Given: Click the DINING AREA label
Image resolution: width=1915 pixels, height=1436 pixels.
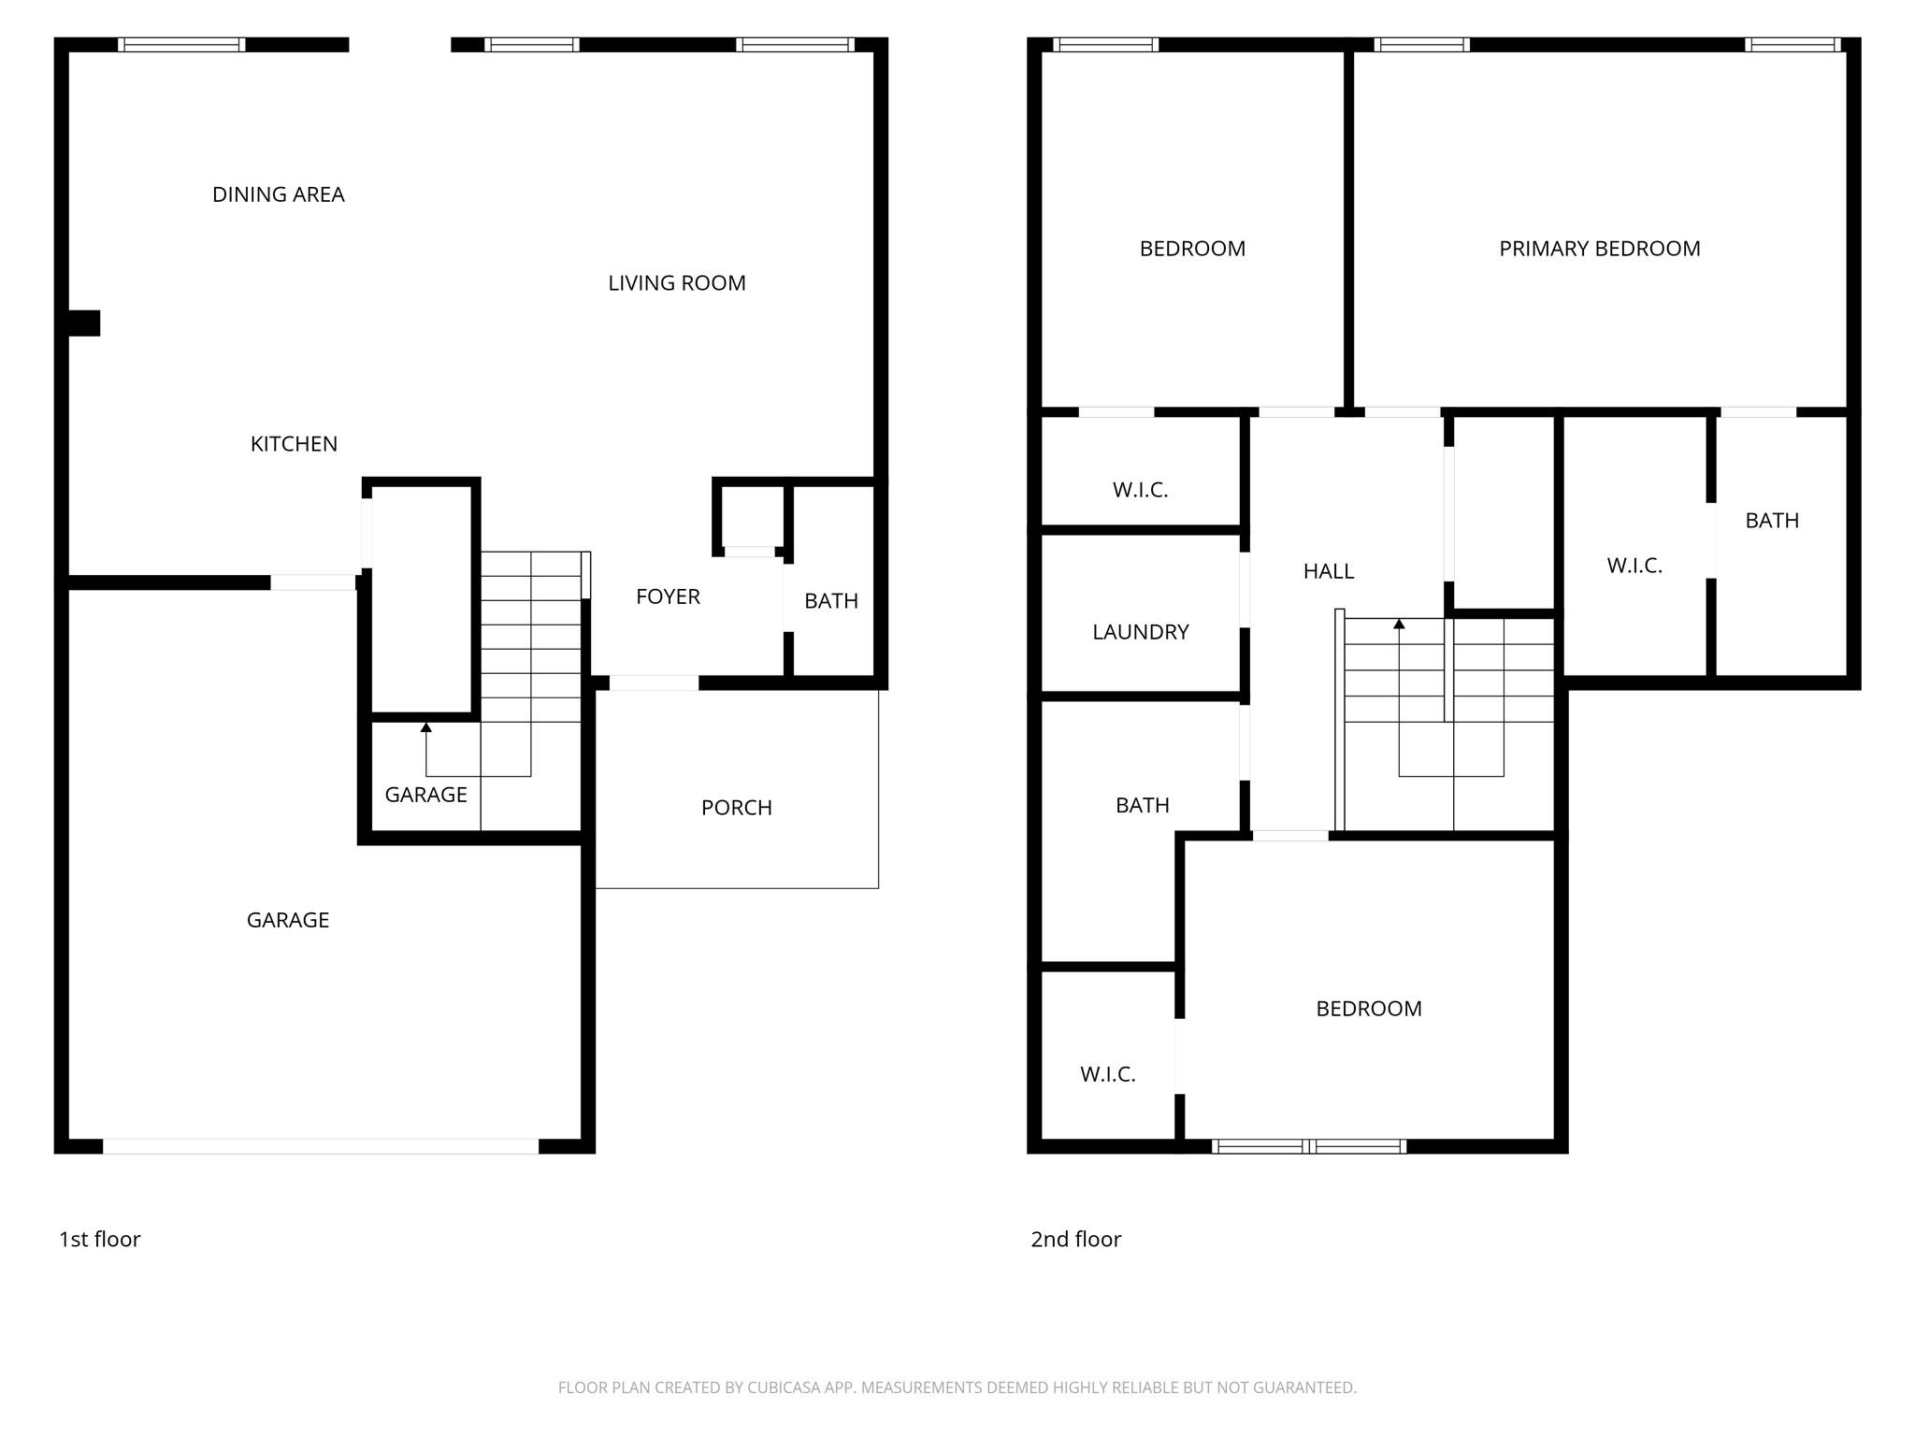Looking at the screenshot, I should pyautogui.click(x=279, y=194).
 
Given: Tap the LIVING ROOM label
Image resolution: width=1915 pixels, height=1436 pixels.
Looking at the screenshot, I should pyautogui.click(x=677, y=283).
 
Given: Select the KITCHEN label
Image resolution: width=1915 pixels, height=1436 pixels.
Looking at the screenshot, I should pyautogui.click(x=294, y=444).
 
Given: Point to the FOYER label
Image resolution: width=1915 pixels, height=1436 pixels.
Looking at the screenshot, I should pyautogui.click(x=668, y=596).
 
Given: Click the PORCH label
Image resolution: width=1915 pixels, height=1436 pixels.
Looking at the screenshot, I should pyautogui.click(x=737, y=808).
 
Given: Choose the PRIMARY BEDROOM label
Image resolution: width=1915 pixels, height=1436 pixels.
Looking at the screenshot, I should pyautogui.click(x=1599, y=249).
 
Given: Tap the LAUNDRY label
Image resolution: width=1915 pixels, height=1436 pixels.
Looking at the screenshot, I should pyautogui.click(x=1141, y=632).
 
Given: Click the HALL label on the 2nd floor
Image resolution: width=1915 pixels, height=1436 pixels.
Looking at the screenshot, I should pyautogui.click(x=1329, y=571).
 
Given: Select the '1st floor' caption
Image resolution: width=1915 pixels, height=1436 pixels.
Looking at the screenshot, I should pyautogui.click(x=99, y=1240).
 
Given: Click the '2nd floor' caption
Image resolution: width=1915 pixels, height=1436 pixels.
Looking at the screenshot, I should pyautogui.click(x=1075, y=1240).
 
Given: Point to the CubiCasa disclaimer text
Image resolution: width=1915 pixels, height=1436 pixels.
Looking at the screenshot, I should pyautogui.click(x=957, y=1387).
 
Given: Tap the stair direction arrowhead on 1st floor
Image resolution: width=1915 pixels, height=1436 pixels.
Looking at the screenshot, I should pyautogui.click(x=426, y=726).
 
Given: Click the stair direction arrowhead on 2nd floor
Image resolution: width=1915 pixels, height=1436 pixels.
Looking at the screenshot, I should pyautogui.click(x=1399, y=624).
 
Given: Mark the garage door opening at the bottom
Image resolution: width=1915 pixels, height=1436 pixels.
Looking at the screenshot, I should pyautogui.click(x=321, y=1146).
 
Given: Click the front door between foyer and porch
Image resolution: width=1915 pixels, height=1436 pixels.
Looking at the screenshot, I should pyautogui.click(x=654, y=683).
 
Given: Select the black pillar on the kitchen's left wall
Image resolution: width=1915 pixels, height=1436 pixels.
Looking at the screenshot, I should pyautogui.click(x=84, y=323).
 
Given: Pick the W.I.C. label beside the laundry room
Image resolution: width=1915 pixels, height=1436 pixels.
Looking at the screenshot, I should pyautogui.click(x=1140, y=490).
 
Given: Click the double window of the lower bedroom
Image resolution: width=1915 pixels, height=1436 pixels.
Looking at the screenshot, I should pyautogui.click(x=1309, y=1146).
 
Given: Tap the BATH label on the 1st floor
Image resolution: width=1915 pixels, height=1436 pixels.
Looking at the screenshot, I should pyautogui.click(x=831, y=601).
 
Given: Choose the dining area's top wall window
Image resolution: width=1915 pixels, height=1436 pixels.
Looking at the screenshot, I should pyautogui.click(x=182, y=45).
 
